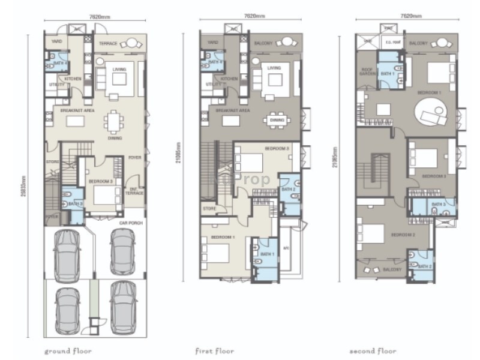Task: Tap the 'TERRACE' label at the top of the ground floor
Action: click(x=109, y=43)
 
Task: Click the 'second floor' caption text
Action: click(x=373, y=350)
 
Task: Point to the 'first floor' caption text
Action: click(x=215, y=350)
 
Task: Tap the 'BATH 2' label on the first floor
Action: click(x=289, y=190)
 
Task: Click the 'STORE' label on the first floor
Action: click(x=209, y=209)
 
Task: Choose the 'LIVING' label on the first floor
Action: click(x=274, y=68)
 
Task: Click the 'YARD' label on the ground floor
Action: click(x=56, y=43)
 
